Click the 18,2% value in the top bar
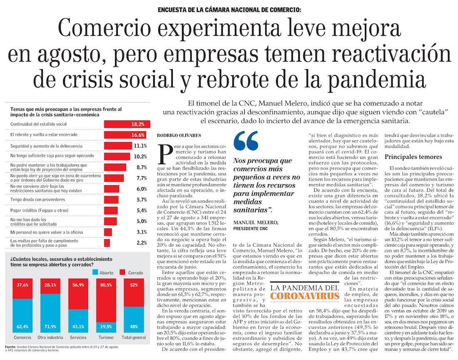(x=138, y=124)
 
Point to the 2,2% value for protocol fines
(x=142, y=243)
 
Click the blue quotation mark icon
(x=246, y=141)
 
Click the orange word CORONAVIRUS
(x=304, y=296)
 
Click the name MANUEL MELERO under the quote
(x=256, y=223)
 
